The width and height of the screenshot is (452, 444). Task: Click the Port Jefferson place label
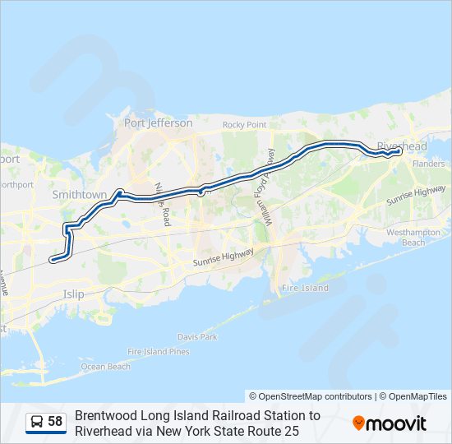pos(158,123)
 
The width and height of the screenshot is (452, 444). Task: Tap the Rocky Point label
pos(245,125)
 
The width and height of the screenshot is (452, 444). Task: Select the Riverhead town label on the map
pos(402,146)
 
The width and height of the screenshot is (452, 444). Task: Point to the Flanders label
pos(428,164)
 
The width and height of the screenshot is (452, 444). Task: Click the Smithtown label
pos(80,195)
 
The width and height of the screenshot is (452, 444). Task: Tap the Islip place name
pos(73,293)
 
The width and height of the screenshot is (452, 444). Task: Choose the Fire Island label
pos(305,289)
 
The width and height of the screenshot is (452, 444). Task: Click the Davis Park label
pos(197,337)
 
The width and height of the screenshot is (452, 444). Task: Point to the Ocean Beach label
pos(105,367)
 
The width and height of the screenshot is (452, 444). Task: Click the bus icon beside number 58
pos(37,422)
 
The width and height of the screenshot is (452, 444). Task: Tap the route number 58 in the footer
pos(55,422)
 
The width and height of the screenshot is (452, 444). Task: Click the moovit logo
pos(390,423)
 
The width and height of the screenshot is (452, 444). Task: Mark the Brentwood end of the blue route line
pos(52,260)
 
